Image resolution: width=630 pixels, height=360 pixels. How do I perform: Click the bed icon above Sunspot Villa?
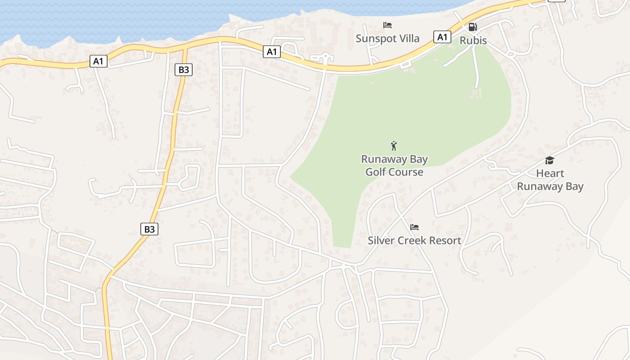(387, 25)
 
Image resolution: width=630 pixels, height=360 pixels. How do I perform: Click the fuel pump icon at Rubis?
(472, 27)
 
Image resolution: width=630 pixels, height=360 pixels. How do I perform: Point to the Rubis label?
(473, 40)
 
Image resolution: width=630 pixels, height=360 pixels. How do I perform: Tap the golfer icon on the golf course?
(394, 146)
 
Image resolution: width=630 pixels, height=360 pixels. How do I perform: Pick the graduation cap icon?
(549, 161)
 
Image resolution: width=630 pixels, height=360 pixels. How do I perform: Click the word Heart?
(550, 173)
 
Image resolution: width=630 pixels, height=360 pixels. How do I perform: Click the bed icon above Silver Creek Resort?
(414, 227)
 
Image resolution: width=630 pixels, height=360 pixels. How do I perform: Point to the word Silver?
(381, 240)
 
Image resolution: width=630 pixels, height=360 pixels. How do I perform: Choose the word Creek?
(411, 240)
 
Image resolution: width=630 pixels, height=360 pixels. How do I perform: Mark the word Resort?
(445, 240)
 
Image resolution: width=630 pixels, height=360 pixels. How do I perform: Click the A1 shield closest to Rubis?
(442, 37)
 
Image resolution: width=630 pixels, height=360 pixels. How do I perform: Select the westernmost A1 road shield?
(99, 61)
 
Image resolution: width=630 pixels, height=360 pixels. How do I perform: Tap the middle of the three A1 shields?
(272, 52)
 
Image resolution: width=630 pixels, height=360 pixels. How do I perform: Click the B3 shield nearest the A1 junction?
(184, 70)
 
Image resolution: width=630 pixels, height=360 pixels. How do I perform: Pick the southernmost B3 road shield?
(149, 229)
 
